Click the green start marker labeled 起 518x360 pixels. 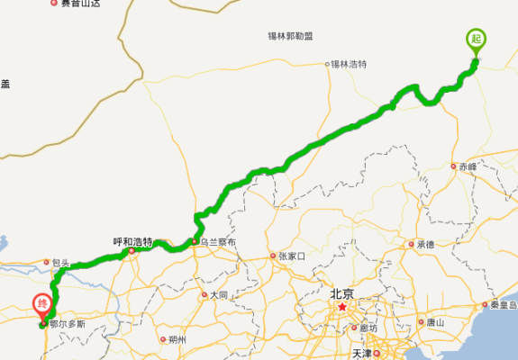(x=475, y=40)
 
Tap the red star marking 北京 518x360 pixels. (x=341, y=308)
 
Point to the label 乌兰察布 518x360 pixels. (x=217, y=242)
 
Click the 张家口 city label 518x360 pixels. (x=293, y=256)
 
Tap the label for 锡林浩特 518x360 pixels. (x=349, y=64)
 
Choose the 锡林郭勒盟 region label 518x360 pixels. (x=290, y=36)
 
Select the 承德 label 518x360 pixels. (x=424, y=244)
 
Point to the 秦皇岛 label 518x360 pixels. (x=502, y=304)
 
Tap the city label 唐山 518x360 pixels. (x=436, y=322)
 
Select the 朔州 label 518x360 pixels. (x=177, y=339)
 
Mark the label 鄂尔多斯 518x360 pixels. (x=66, y=322)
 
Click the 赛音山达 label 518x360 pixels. (x=80, y=4)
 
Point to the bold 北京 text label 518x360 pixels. (x=341, y=292)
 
